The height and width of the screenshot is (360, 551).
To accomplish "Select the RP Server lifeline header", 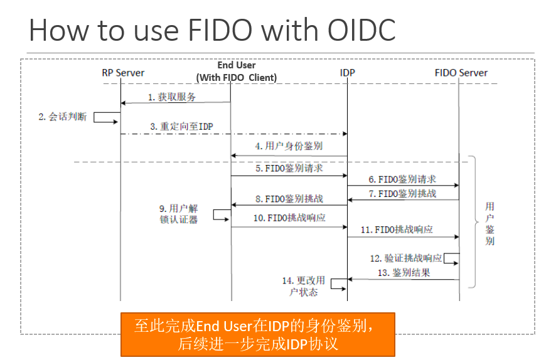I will [x=123, y=73].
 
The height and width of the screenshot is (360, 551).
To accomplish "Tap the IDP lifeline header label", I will [x=347, y=73].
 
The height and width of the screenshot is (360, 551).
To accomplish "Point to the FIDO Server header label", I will [x=461, y=73].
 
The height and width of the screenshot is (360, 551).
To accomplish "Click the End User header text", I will [x=237, y=65].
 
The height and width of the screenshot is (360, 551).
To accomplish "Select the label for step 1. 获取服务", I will [x=172, y=97].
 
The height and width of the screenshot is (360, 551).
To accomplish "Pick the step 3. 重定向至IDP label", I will [x=181, y=126].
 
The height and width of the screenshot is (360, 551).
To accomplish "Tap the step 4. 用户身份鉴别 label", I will [x=289, y=146].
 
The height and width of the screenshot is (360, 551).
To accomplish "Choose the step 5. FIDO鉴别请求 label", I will [x=289, y=168].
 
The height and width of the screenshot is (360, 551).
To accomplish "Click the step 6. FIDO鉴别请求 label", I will [x=402, y=179].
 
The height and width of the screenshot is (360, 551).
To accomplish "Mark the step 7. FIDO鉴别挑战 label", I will [x=402, y=194].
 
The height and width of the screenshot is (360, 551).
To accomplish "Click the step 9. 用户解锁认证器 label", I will [x=179, y=214].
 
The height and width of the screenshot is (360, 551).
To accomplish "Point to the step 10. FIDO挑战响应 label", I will [x=289, y=218].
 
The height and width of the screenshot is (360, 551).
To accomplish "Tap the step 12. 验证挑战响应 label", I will [x=405, y=258].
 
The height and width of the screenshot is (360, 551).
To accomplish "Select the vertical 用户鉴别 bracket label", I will [x=489, y=223].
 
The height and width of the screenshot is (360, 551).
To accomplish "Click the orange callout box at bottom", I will [x=257, y=335].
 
